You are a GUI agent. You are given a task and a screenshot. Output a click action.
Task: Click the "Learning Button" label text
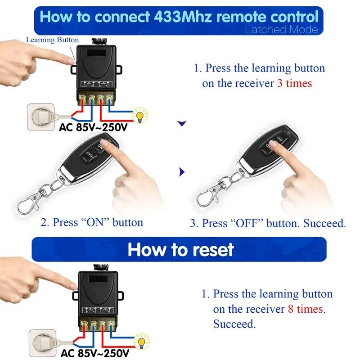click(x=52, y=40)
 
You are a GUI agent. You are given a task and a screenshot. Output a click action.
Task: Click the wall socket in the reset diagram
click(x=41, y=342)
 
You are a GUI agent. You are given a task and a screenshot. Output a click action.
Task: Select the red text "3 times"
click(x=294, y=84)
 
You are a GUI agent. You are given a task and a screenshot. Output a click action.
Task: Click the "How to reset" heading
click(x=181, y=250)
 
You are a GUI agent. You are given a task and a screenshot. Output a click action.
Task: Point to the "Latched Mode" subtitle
click(x=281, y=30)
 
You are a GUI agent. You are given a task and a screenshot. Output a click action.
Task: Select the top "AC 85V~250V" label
click(x=94, y=127)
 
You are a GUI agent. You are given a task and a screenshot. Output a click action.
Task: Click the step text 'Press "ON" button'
click(x=92, y=222)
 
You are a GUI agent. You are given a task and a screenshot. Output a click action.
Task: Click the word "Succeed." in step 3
click(x=324, y=223)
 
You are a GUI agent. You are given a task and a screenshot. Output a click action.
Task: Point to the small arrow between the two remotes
click(x=181, y=171)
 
